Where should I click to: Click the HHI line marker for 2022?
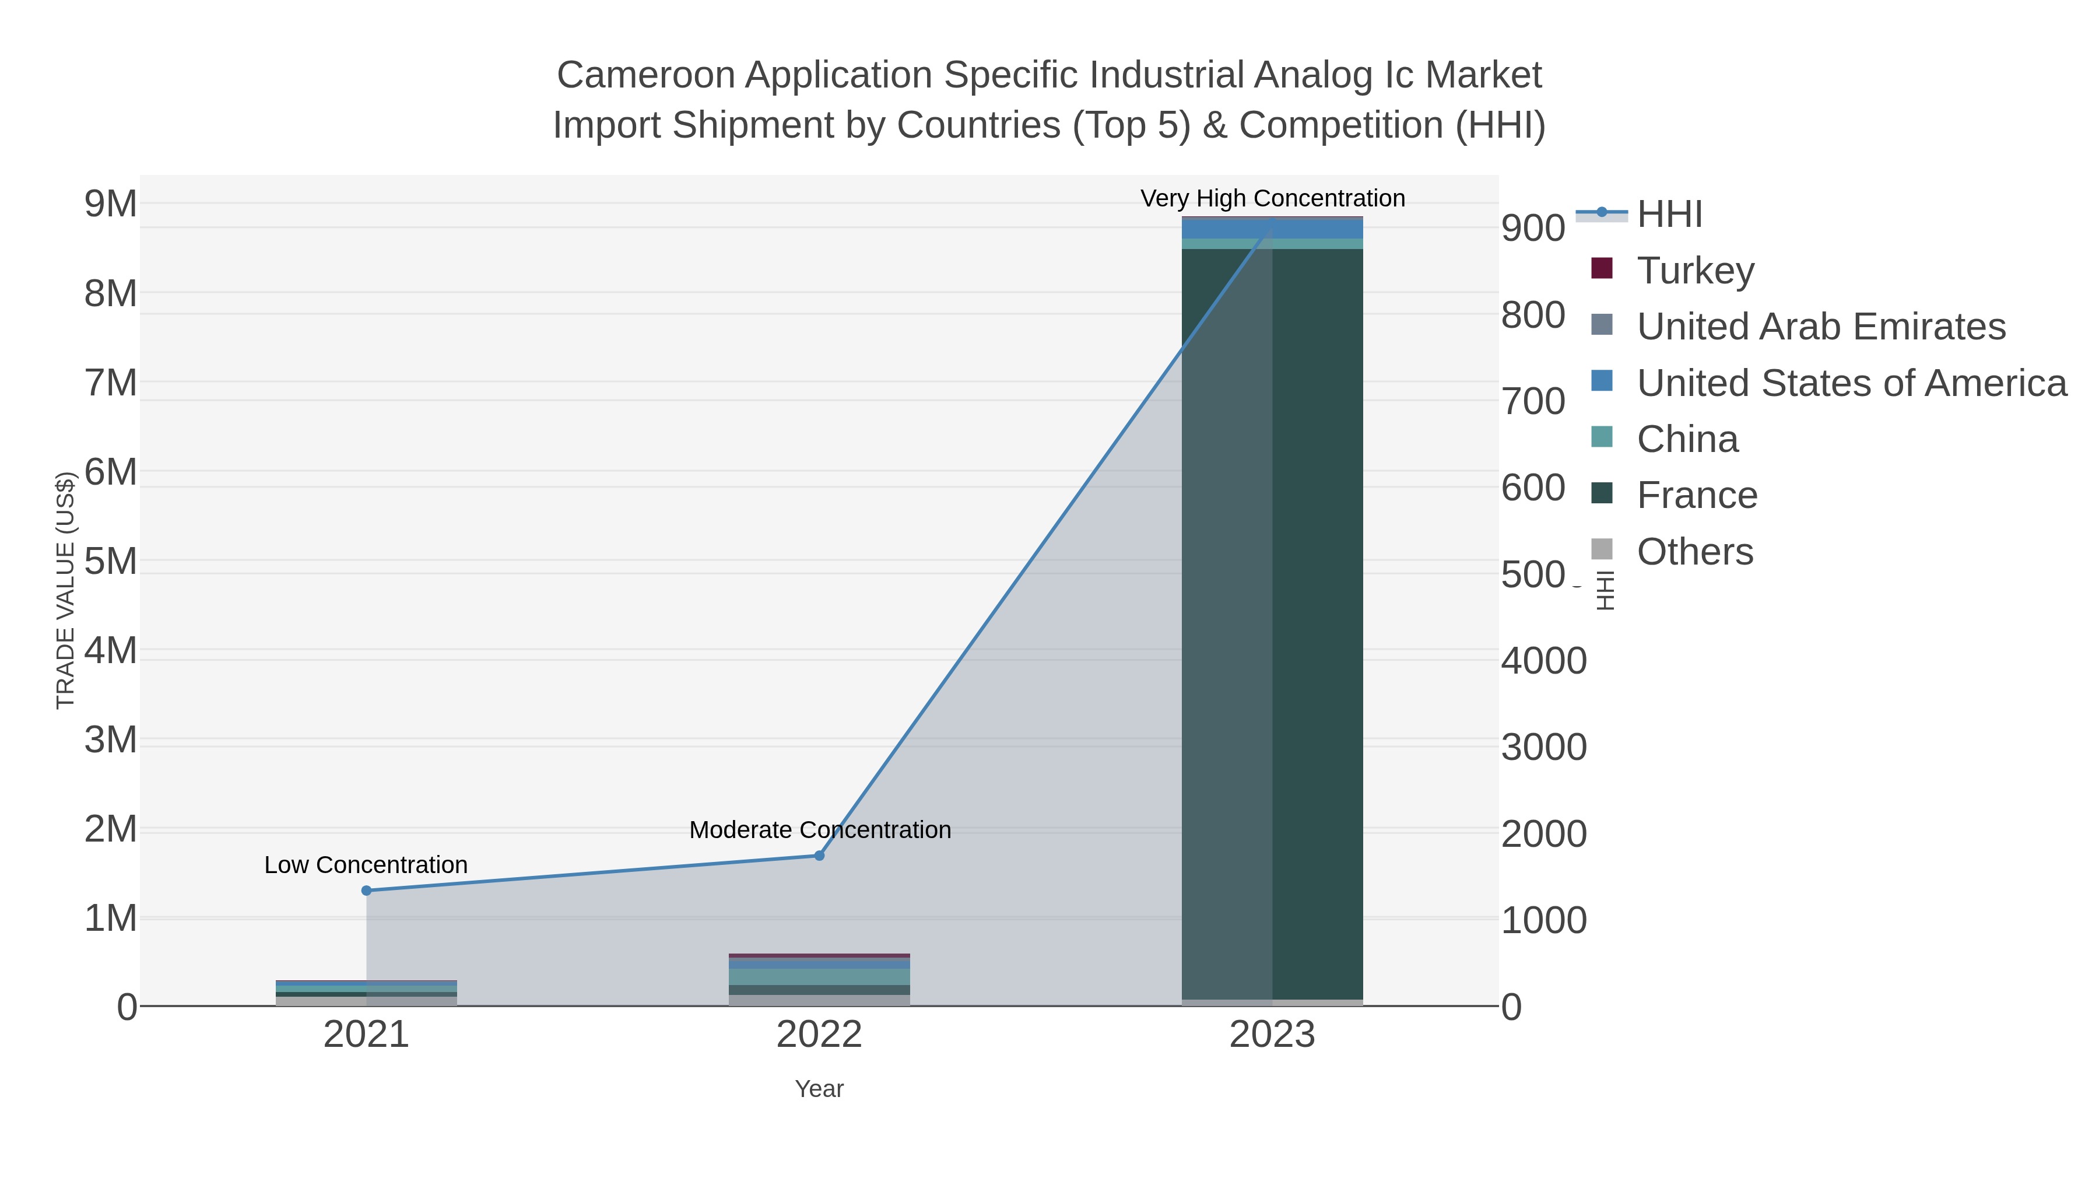click(819, 856)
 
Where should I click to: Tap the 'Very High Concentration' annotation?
click(1272, 198)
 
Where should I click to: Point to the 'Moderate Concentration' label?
click(820, 830)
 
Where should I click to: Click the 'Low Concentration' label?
click(366, 865)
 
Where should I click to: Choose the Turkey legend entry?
click(1695, 270)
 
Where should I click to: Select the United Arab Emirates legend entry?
click(1820, 326)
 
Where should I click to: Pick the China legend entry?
click(1687, 439)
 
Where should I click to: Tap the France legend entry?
click(1697, 496)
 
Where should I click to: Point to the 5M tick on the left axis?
click(111, 560)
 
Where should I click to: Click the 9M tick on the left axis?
click(111, 204)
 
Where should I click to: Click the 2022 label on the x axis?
click(819, 1035)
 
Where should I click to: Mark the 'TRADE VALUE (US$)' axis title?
click(65, 590)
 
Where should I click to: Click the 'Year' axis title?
click(819, 1089)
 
